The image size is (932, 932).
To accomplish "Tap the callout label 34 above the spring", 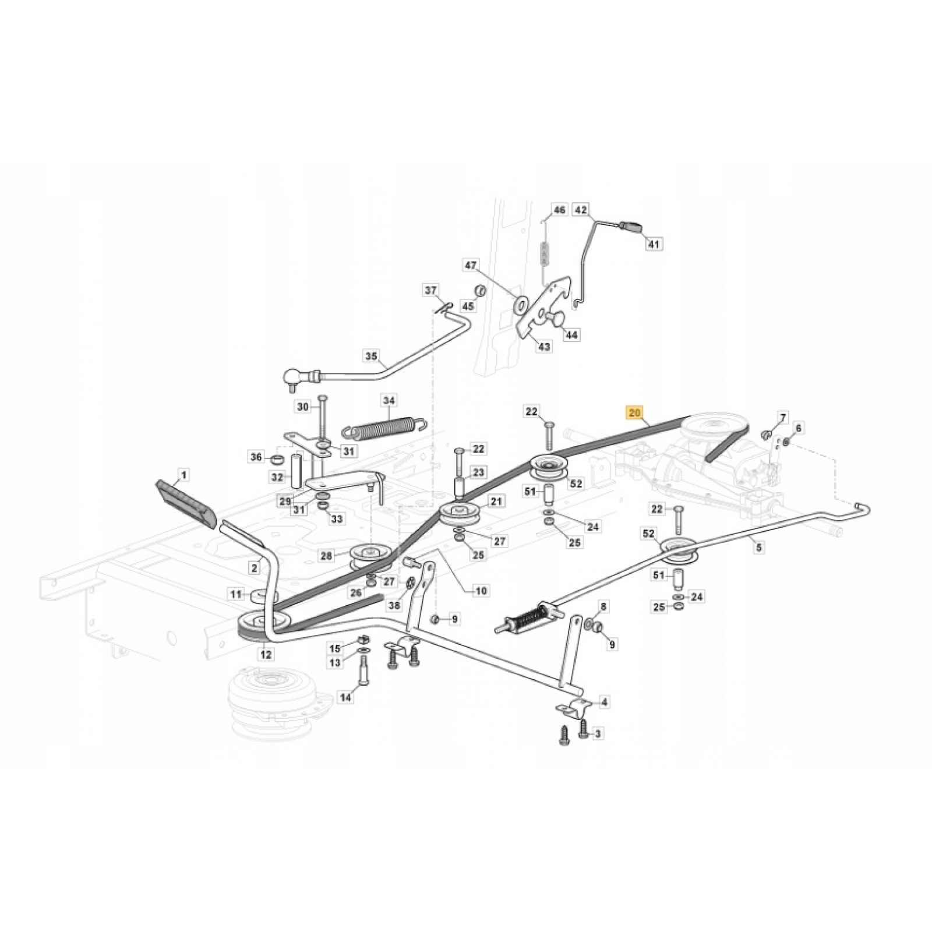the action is [x=389, y=401].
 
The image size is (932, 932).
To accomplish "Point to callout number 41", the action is [x=654, y=244].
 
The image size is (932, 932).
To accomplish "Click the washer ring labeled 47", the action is [x=520, y=303].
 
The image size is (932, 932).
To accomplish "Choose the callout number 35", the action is [x=372, y=356].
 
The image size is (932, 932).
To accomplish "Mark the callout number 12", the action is [x=266, y=655].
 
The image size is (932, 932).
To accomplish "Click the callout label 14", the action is [x=346, y=697].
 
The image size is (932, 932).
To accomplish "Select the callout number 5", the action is [x=758, y=547].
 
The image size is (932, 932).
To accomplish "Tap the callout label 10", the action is [x=481, y=591].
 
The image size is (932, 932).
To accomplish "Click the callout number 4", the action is [x=604, y=702].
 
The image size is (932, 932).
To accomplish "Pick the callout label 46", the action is [x=559, y=210].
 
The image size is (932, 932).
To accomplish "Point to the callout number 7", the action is [x=783, y=418].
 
